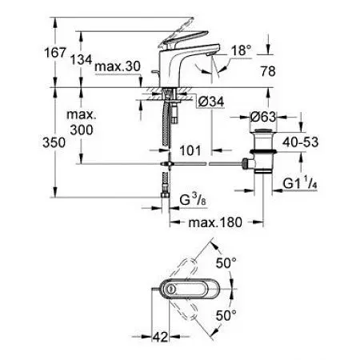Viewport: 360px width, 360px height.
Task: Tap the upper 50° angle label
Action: pos(229,262)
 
